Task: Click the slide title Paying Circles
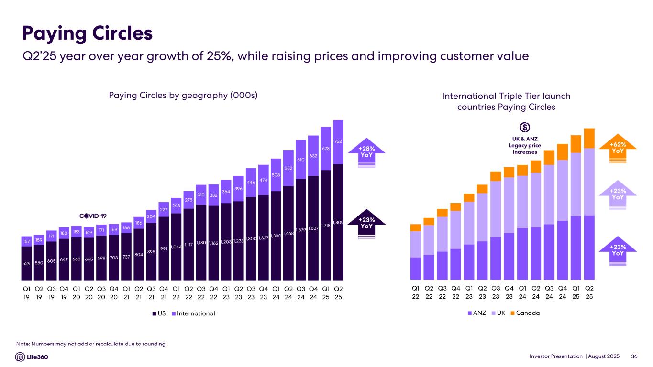pos(88,34)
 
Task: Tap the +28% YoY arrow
pos(366,151)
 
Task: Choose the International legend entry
pos(193,313)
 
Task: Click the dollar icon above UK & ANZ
pos(524,127)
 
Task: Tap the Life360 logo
pos(32,356)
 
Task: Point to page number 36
pos(635,356)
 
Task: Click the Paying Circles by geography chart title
pos(184,96)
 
